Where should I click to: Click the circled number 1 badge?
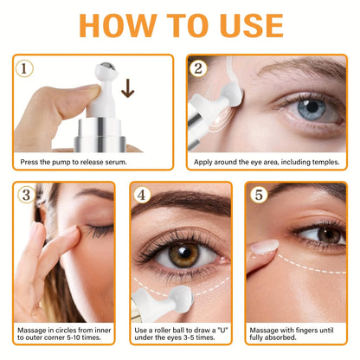pyautogui.click(x=24, y=68)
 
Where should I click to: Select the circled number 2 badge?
pyautogui.click(x=198, y=68)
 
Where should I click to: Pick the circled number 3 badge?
pyautogui.click(x=26, y=195)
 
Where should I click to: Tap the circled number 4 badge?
pyautogui.click(x=142, y=195)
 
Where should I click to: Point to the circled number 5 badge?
pyautogui.click(x=259, y=195)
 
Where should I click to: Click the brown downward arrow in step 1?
pyautogui.click(x=128, y=89)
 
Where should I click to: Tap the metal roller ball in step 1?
pyautogui.click(x=107, y=69)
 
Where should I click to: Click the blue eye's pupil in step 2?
pyautogui.click(x=312, y=107)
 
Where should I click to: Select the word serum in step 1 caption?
pyautogui.click(x=116, y=162)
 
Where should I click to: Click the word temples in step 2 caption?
pyautogui.click(x=325, y=162)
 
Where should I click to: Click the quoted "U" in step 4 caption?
pyautogui.click(x=222, y=330)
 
